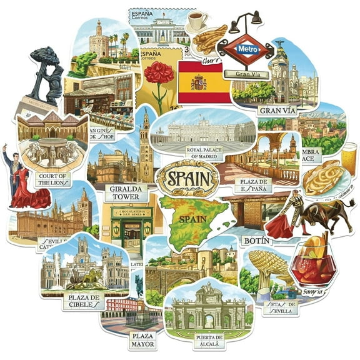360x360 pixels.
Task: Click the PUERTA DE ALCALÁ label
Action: pyautogui.click(x=207, y=341)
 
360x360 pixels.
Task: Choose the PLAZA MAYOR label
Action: pyautogui.click(x=143, y=340)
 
